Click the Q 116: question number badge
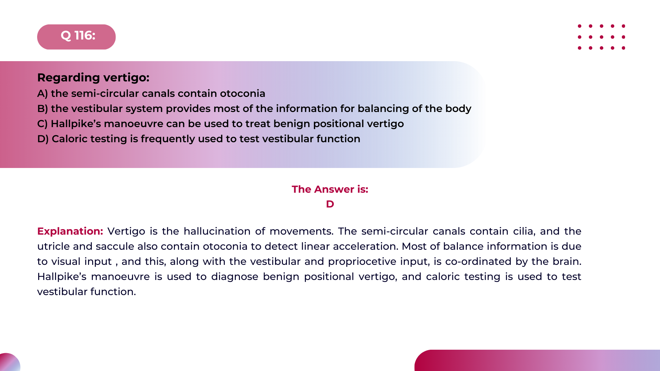[76, 37]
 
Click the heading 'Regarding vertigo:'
[93, 78]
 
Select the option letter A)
[42, 93]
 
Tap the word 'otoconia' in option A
[243, 93]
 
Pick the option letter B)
[42, 109]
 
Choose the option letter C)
[42, 124]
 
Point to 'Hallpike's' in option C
[76, 124]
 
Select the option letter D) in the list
[43, 139]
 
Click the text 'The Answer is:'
[330, 189]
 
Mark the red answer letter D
[330, 204]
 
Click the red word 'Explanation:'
[70, 231]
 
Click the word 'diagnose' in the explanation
[234, 277]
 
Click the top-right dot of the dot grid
[623, 26]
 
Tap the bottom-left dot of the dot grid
[580, 48]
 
